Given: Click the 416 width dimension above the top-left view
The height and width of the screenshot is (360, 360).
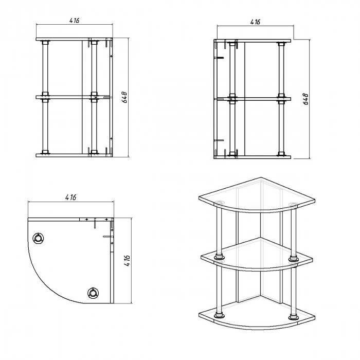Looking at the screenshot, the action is (x=75, y=21).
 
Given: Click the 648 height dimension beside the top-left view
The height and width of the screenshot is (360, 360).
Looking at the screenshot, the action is (x=124, y=97).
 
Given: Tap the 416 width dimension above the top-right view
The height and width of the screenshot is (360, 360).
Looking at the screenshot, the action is (x=255, y=22).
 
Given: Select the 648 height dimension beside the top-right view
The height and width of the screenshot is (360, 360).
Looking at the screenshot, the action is (x=306, y=99).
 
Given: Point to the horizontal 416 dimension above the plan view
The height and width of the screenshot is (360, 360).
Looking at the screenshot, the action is (x=71, y=197).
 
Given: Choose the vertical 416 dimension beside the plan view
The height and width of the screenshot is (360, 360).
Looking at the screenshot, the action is (x=127, y=261).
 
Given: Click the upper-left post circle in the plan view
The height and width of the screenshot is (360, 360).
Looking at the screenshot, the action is (x=38, y=238).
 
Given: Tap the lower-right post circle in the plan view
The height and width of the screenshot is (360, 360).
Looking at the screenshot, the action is (x=93, y=293).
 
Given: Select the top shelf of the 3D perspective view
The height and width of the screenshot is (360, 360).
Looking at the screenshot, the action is (x=257, y=195).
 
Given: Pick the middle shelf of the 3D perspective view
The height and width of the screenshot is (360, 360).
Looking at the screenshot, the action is (x=257, y=255).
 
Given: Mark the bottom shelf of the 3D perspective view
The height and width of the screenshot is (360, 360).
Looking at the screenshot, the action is (x=257, y=316).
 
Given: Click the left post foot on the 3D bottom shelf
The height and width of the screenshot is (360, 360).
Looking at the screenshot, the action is (x=219, y=315).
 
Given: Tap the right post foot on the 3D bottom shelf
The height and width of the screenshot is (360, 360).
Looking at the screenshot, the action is (x=294, y=317).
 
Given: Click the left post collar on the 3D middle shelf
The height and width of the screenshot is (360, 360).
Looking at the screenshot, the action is (x=219, y=257).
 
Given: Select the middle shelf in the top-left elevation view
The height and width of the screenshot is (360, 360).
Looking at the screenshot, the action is (x=74, y=97).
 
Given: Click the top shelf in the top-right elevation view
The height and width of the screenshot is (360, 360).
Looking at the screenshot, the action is (x=253, y=41).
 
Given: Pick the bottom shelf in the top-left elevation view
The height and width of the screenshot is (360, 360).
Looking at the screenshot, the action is (x=74, y=155).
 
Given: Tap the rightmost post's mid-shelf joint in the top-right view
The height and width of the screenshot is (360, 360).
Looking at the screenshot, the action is (x=281, y=99).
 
